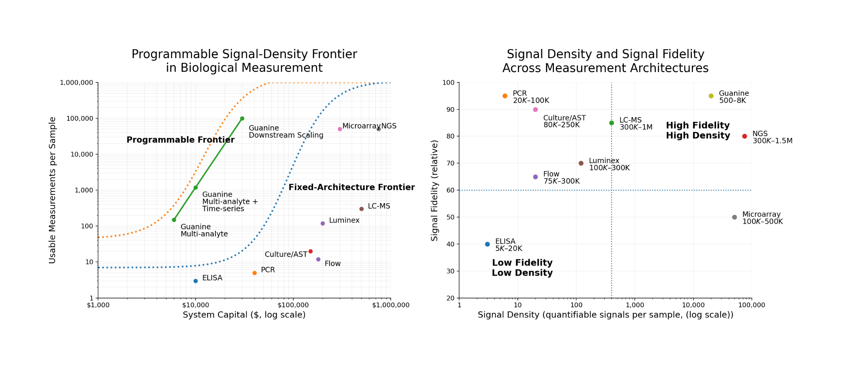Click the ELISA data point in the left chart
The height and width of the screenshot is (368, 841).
196,281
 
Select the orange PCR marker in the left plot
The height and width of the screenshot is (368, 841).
254,273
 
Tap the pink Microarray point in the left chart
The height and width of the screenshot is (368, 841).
340,129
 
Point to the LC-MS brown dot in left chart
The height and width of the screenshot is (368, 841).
361,209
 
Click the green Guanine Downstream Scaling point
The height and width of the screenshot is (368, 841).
242,118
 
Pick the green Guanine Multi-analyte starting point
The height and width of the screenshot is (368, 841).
174,220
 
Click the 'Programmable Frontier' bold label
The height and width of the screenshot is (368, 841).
180,140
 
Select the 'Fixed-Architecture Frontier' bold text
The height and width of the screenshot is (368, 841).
351,187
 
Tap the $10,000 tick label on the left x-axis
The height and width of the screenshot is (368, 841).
196,305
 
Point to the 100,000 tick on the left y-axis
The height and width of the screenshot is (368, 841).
80,118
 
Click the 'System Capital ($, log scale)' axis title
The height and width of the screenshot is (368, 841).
244,315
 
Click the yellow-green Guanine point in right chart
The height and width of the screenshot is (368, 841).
711,96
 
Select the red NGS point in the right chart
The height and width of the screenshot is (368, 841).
744,137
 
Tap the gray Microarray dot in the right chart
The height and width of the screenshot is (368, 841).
734,217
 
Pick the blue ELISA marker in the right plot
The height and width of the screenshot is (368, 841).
487,244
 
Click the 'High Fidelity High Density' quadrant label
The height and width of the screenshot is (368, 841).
698,131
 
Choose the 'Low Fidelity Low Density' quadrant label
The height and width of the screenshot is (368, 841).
522,268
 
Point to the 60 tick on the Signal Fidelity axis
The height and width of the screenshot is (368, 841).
451,190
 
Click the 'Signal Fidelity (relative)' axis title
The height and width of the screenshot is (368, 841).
434,190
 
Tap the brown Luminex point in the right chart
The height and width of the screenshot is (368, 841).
581,163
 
